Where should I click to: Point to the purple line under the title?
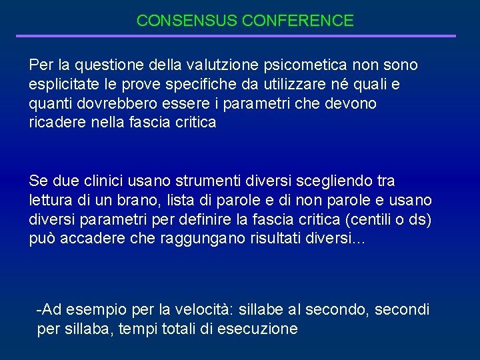click(x=236, y=36)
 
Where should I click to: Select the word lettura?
click(x=52, y=201)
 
